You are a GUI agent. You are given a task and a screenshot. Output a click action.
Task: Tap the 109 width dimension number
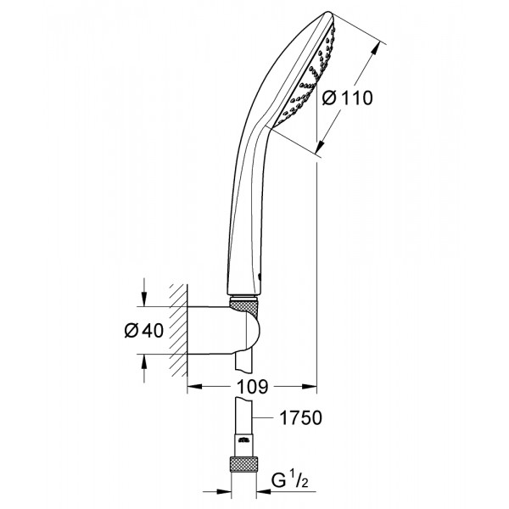pos(252,387)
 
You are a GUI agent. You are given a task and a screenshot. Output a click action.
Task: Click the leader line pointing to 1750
pos(266,417)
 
